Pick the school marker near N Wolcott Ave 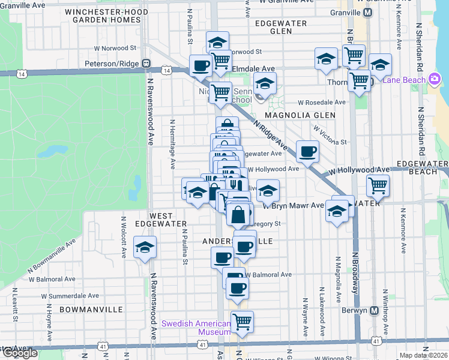click(x=145, y=247)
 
